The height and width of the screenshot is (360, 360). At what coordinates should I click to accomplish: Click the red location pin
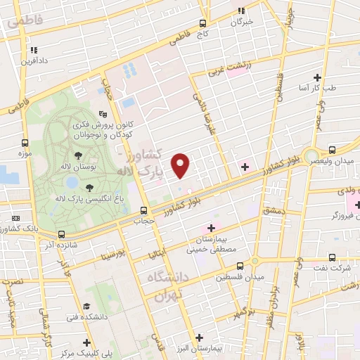click(181, 165)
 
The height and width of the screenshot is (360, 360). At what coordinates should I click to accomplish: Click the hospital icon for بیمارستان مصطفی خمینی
click(210, 228)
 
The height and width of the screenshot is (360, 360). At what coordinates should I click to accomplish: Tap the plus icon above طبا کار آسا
click(318, 77)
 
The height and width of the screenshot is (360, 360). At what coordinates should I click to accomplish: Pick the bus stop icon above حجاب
click(143, 210)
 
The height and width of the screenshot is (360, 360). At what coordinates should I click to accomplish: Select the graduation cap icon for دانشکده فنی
click(86, 307)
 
